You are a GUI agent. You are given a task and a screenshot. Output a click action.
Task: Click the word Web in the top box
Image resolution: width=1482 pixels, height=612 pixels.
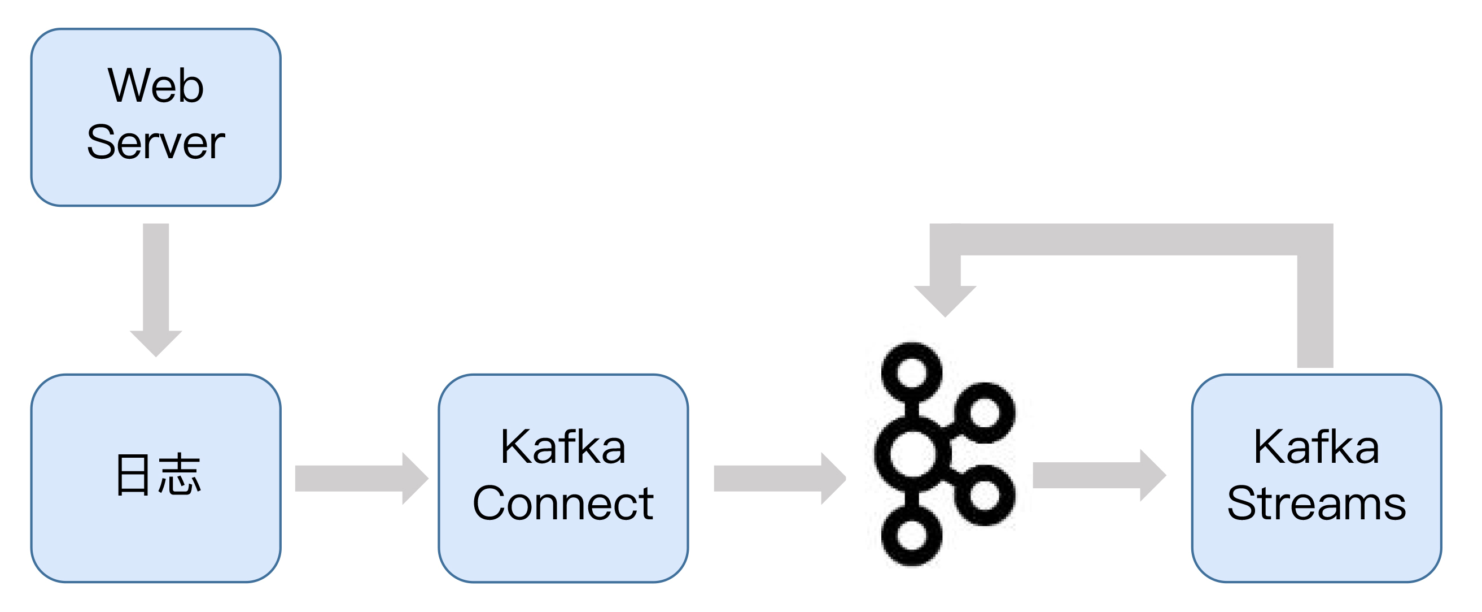point(155,86)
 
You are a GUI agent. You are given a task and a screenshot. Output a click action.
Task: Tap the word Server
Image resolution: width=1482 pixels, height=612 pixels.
point(155,142)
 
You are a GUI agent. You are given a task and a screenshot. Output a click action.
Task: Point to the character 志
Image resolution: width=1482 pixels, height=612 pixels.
point(180,475)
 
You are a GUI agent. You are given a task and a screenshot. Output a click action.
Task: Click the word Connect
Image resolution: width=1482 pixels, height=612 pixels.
point(563,503)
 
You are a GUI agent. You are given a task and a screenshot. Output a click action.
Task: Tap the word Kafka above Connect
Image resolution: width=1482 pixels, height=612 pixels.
point(563,447)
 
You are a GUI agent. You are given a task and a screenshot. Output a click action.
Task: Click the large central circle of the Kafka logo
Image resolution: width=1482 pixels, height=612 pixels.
point(912,454)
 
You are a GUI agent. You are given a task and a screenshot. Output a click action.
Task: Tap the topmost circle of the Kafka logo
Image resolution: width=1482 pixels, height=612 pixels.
point(912,372)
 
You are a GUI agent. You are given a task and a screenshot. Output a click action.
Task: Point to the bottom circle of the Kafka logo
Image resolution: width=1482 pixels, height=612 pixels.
point(912,536)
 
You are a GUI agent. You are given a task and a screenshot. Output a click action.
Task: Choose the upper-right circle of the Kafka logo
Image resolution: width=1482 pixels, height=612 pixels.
point(985,412)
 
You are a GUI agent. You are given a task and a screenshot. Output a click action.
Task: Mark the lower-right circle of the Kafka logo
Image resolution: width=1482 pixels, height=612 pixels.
point(985,495)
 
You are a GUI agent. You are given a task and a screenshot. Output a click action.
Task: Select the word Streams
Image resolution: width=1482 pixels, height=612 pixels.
point(1317,503)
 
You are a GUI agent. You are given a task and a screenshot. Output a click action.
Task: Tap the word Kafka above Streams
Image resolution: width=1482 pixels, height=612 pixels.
point(1317,447)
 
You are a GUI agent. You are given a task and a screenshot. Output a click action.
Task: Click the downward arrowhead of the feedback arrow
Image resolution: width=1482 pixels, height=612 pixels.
point(945,300)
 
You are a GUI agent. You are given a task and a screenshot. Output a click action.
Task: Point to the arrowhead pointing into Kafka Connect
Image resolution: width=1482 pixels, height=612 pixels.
point(414,479)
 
